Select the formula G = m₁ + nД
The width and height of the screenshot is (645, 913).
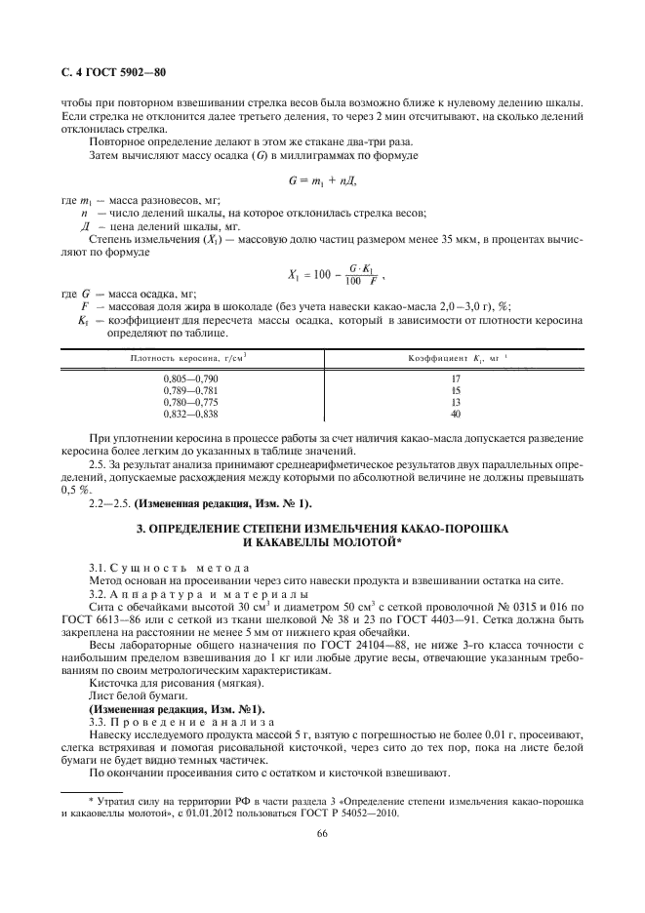(322, 179)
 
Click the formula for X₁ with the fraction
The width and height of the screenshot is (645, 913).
(322, 275)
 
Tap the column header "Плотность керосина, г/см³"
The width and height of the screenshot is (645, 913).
(190, 359)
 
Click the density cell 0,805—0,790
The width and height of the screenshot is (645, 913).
(190, 377)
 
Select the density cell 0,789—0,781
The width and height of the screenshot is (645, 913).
(190, 389)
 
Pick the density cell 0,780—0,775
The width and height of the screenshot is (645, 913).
(190, 401)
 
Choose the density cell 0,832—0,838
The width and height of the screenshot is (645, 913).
(190, 413)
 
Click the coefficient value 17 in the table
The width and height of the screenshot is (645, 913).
(455, 377)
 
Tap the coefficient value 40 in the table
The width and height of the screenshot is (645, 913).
(455, 413)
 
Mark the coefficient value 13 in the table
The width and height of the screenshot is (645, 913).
(455, 401)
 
